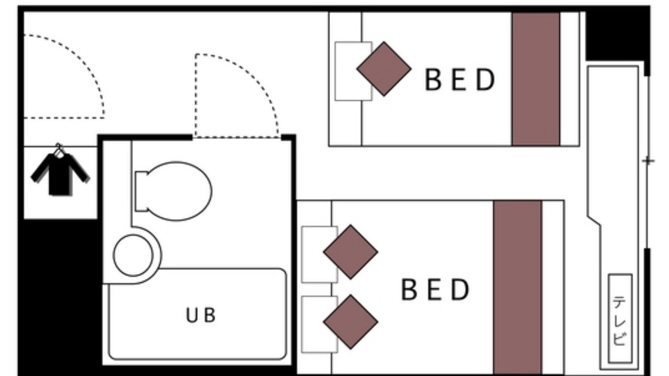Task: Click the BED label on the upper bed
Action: (x=459, y=79)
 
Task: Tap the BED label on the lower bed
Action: (x=435, y=289)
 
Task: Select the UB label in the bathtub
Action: (x=200, y=315)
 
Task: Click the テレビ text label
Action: (x=619, y=321)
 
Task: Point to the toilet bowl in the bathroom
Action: (x=179, y=191)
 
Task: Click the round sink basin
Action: (x=133, y=255)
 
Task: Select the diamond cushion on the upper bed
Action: (x=384, y=69)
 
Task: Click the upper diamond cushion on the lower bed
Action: (x=351, y=252)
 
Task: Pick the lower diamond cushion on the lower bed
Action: (x=351, y=322)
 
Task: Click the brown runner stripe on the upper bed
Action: (x=536, y=79)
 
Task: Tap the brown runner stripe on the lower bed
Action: (x=517, y=287)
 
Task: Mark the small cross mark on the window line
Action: (x=648, y=161)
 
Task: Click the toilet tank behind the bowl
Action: (x=141, y=192)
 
